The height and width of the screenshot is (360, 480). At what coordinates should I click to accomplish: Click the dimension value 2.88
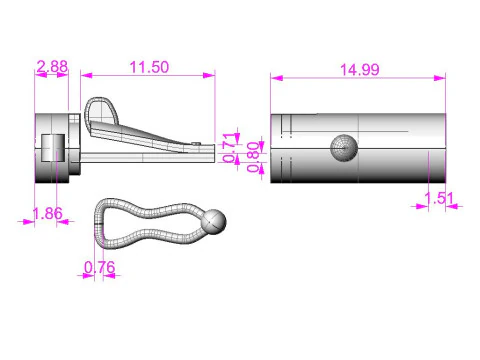pos(52,66)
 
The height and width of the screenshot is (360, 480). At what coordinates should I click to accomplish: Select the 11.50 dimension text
pos(148,66)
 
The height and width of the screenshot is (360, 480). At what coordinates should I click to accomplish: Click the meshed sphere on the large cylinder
pos(343,147)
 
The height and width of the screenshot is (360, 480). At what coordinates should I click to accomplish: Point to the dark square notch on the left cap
pos(57,148)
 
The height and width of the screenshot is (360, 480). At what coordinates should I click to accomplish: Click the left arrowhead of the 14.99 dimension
pos(274,77)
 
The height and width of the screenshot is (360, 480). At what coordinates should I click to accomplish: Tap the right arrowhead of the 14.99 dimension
pos(443,77)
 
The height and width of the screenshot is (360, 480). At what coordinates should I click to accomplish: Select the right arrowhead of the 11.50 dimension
pos(211,74)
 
